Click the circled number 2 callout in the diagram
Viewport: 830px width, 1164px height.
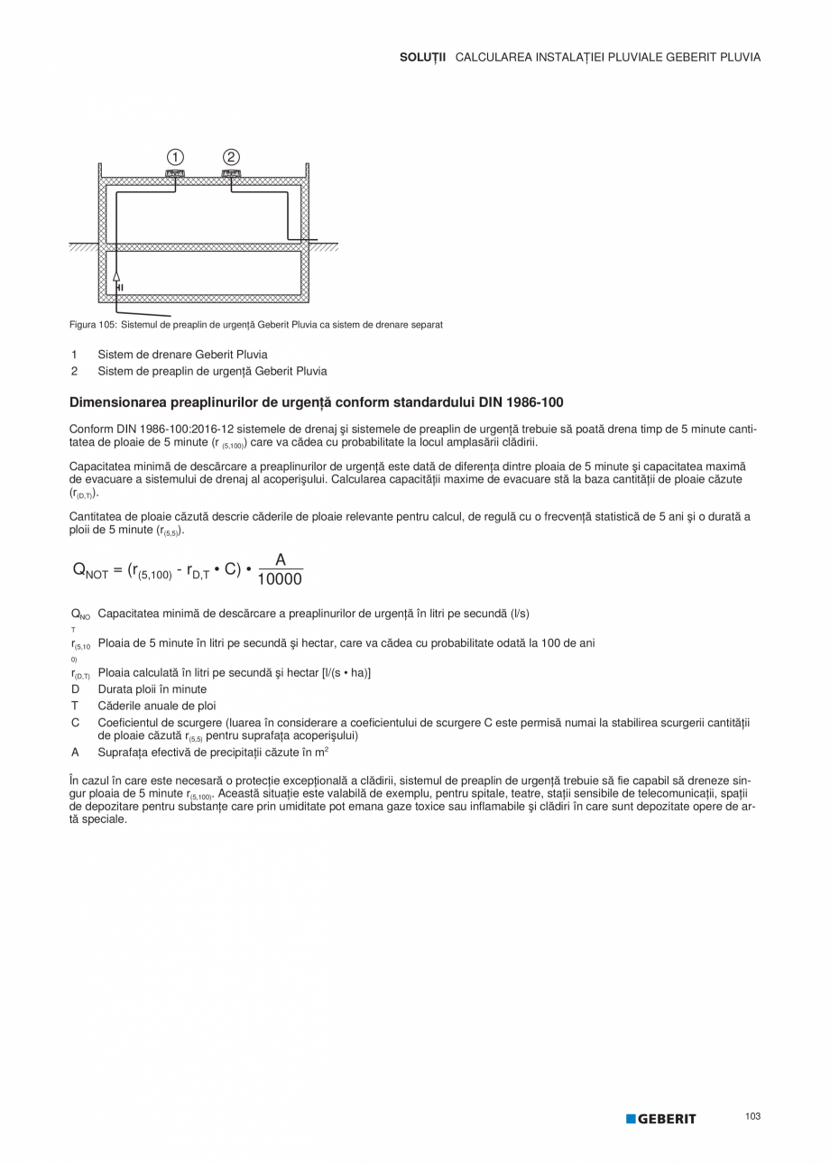coord(231,156)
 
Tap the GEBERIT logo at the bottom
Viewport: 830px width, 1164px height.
coord(661,1119)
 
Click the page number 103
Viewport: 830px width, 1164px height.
coord(753,1116)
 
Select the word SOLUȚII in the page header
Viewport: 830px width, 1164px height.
coord(422,57)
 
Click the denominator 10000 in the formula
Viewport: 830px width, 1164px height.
coord(280,579)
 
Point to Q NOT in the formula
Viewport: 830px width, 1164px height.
coord(90,570)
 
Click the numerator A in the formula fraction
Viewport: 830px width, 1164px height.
coord(281,560)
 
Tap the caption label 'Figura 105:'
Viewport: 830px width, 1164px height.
coord(94,324)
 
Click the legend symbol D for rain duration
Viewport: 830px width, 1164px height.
coord(75,689)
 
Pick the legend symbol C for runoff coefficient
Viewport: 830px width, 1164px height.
coord(76,723)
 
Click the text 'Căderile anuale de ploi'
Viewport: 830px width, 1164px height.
coord(157,706)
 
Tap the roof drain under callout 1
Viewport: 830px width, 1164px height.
coord(174,172)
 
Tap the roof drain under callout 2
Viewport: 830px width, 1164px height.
coord(231,172)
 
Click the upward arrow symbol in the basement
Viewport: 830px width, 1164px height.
coord(116,275)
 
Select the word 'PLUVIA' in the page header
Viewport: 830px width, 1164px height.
coord(740,57)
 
